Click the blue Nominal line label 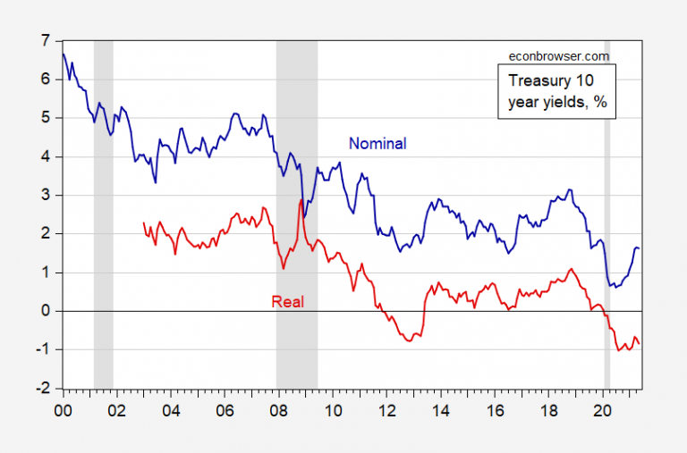pyautogui.click(x=377, y=143)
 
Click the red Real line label pyautogui.click(x=287, y=302)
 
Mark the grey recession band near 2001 pyautogui.click(x=103, y=214)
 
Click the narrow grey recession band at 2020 pyautogui.click(x=606, y=214)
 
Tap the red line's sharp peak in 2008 pyautogui.click(x=301, y=199)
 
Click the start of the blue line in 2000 pyautogui.click(x=63, y=54)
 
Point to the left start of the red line pyautogui.click(x=143, y=223)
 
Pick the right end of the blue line pyautogui.click(x=640, y=248)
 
